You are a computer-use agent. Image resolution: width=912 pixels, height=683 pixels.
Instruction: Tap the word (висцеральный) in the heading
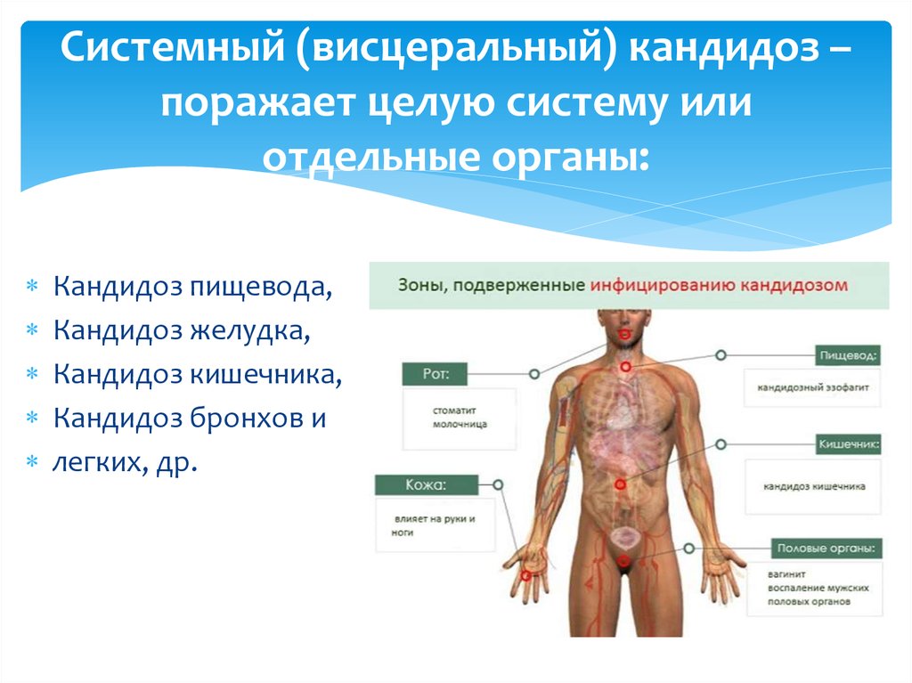pos(456,49)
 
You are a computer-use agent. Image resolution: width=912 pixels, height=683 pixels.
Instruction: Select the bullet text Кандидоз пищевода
pos(192,287)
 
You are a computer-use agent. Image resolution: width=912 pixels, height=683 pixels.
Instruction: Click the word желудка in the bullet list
pos(250,330)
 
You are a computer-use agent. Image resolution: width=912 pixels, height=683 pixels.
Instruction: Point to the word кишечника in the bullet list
pos(266,374)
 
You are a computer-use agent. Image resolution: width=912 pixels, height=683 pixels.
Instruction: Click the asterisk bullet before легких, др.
pos(32,462)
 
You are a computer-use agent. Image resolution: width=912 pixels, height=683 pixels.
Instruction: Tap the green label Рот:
pos(435,374)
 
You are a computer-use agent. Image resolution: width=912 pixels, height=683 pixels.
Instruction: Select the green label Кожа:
pos(427,485)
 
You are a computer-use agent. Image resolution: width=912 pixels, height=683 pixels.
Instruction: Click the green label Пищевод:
pos(848,355)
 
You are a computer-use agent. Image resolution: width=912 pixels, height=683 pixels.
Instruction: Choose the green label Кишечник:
pos(849,444)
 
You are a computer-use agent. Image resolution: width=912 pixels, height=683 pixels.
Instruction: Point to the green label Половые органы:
pos(826,548)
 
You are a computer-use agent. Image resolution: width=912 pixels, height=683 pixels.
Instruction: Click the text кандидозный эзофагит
pos(812,387)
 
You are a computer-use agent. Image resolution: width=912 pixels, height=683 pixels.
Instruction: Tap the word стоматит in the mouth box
pos(453,411)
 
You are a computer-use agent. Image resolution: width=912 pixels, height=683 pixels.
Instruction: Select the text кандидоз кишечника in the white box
pos(814,486)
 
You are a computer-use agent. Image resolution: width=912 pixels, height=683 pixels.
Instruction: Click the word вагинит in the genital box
pos(786,574)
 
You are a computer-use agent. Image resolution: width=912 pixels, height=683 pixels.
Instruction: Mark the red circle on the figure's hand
pos(525,576)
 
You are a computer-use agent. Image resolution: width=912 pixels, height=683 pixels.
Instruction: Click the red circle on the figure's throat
pos(625,367)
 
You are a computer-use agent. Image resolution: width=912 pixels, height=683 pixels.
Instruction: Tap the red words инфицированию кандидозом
pos(719,286)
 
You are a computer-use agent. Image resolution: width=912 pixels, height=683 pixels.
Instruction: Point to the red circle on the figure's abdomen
pos(620,484)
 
